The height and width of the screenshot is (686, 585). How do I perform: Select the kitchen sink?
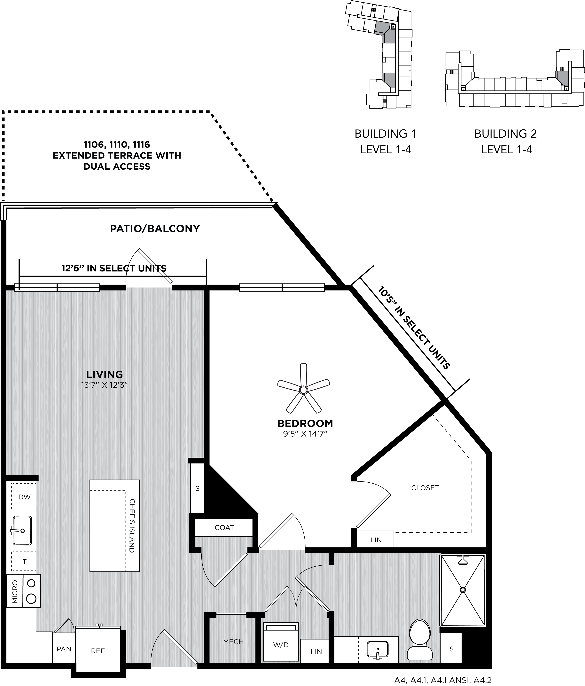coord(22,530)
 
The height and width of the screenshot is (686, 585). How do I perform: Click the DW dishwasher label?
coord(25,497)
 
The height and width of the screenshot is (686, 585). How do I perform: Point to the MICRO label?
coord(15,591)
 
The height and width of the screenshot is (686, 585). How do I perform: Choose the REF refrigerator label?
coord(98,651)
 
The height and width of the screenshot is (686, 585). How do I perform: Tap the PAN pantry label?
coord(64,649)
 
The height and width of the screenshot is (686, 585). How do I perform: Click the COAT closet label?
coord(224,527)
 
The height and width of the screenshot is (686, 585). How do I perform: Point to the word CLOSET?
coord(425,488)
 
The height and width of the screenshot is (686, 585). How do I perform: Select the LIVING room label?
coord(105,375)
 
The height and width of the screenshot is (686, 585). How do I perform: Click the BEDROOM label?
coord(305,424)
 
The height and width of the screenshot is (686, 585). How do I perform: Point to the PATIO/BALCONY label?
coord(155,229)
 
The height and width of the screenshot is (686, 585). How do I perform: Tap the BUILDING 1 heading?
coord(386,134)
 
